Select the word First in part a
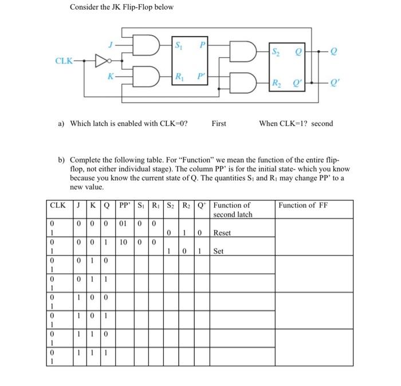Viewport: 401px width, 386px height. point(219,123)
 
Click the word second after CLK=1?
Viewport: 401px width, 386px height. point(322,123)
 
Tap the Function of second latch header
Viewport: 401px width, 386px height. point(233,210)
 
